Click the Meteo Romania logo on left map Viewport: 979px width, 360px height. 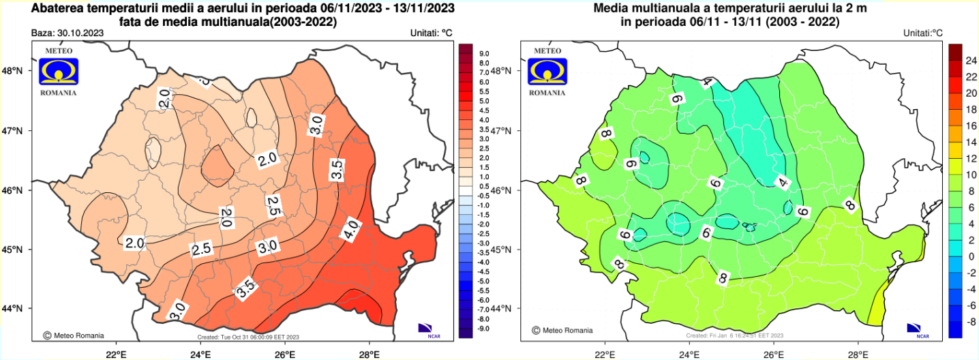(x=59, y=71)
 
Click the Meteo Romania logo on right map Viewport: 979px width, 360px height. (x=547, y=71)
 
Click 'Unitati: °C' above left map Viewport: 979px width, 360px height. (x=432, y=32)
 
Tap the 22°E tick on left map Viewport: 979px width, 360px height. (x=117, y=355)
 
